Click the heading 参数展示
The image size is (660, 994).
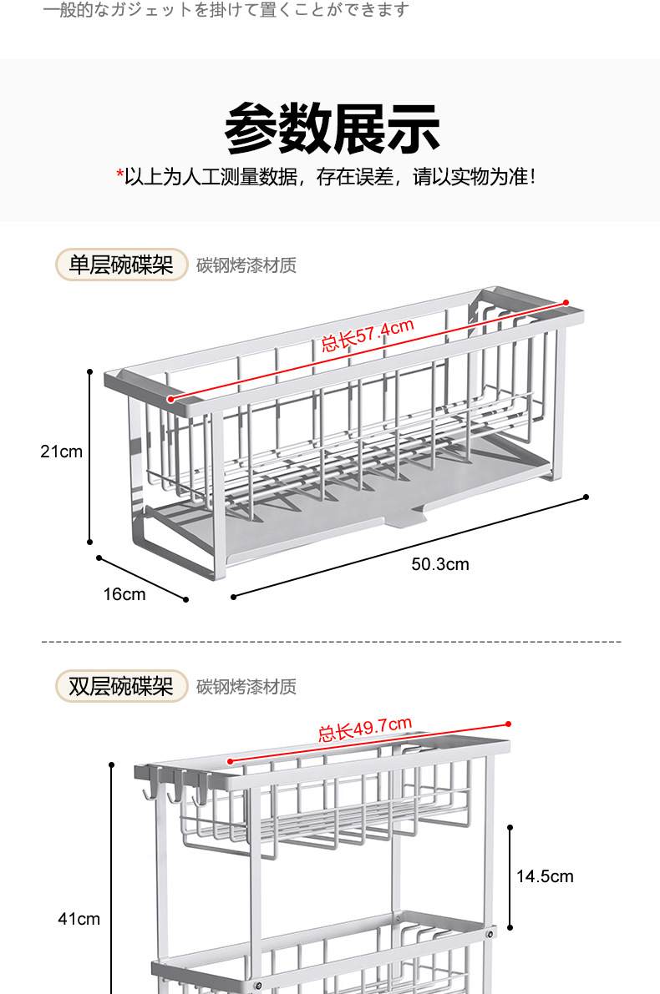click(x=332, y=129)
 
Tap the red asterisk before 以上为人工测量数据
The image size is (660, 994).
click(x=119, y=177)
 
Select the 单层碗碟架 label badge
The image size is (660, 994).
click(x=121, y=265)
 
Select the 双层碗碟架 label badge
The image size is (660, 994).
click(x=121, y=686)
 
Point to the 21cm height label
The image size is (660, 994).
click(x=62, y=452)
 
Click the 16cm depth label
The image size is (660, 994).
click(x=124, y=594)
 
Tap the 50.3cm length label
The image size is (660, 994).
click(x=440, y=564)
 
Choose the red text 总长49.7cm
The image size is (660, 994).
click(x=365, y=729)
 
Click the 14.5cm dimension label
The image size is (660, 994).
click(x=545, y=876)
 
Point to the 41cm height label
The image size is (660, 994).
click(x=79, y=919)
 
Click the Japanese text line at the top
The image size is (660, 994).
click(x=226, y=10)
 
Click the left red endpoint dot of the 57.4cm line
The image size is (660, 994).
click(x=170, y=399)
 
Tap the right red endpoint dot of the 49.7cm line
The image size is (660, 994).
click(x=508, y=724)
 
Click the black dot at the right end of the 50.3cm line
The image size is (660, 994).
click(x=586, y=497)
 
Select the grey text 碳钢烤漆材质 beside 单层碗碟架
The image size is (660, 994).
click(x=246, y=265)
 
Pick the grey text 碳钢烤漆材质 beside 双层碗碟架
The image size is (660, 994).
click(x=246, y=687)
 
